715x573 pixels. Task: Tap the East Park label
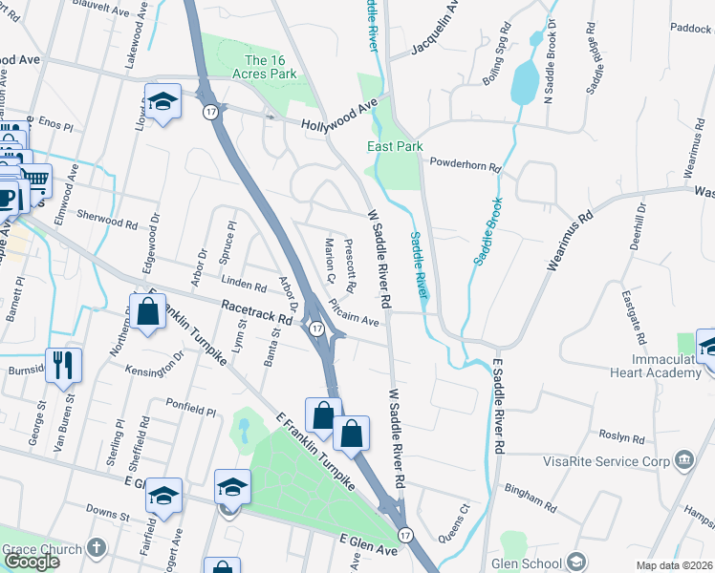pos(395,146)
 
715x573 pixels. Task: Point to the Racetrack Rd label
pos(255,311)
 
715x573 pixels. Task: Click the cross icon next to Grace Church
pos(95,547)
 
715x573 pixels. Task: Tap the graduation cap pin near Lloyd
pos(163,101)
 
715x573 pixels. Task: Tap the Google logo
pos(32,562)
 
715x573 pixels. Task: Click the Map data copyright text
pos(674,565)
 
